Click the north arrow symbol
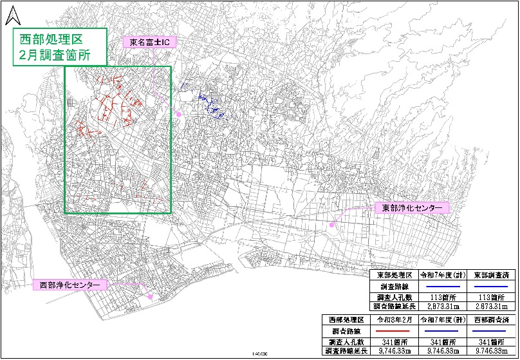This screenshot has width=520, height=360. coord(11,12)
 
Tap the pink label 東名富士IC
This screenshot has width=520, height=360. coord(149,43)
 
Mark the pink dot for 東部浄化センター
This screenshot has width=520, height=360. coord(332,225)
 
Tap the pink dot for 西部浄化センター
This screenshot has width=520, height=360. coord(150,297)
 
